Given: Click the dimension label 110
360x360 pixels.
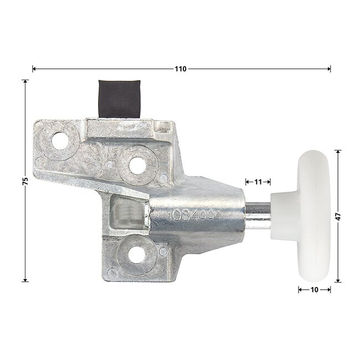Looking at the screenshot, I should pyautogui.click(x=181, y=69).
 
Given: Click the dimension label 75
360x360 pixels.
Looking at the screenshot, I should pyautogui.click(x=25, y=181).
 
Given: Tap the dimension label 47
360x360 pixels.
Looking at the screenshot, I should pyautogui.click(x=338, y=216).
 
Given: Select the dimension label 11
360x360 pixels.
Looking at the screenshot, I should pyautogui.click(x=258, y=181).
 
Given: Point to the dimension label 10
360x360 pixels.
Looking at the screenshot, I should pyautogui.click(x=314, y=289).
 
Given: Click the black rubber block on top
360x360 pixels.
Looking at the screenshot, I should pyautogui.click(x=120, y=99).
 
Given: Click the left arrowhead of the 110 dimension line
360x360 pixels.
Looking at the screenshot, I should pyautogui.click(x=34, y=69).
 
